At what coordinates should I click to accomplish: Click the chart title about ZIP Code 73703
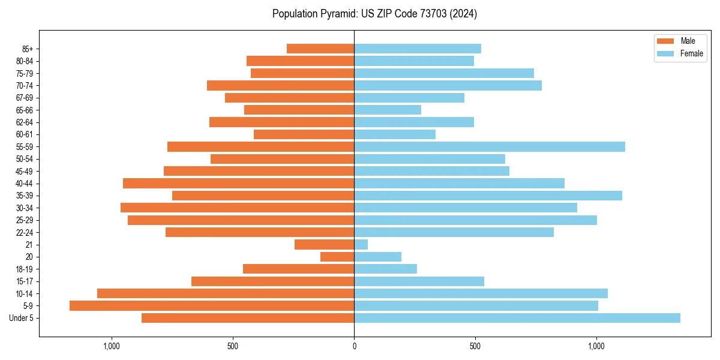tap(374, 14)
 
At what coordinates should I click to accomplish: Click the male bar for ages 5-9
tap(212, 306)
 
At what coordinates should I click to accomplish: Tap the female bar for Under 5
tap(517, 318)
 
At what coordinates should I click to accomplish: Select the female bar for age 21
tap(361, 245)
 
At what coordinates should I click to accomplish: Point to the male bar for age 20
tap(337, 257)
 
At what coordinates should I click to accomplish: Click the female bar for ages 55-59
tap(490, 147)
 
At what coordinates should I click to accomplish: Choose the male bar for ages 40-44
tap(239, 184)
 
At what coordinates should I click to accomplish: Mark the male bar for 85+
tap(320, 49)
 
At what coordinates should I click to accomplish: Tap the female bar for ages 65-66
tap(388, 110)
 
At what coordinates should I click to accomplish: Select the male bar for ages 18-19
tap(299, 269)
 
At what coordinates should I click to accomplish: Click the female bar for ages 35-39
tap(488, 196)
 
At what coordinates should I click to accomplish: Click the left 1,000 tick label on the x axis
tap(112, 346)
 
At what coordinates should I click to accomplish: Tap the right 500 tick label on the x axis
tap(475, 346)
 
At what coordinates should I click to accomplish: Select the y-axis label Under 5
tap(22, 318)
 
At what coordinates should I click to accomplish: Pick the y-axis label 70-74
tap(25, 86)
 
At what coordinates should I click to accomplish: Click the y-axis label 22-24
tap(25, 232)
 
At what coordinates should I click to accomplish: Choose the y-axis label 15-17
tap(25, 281)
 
